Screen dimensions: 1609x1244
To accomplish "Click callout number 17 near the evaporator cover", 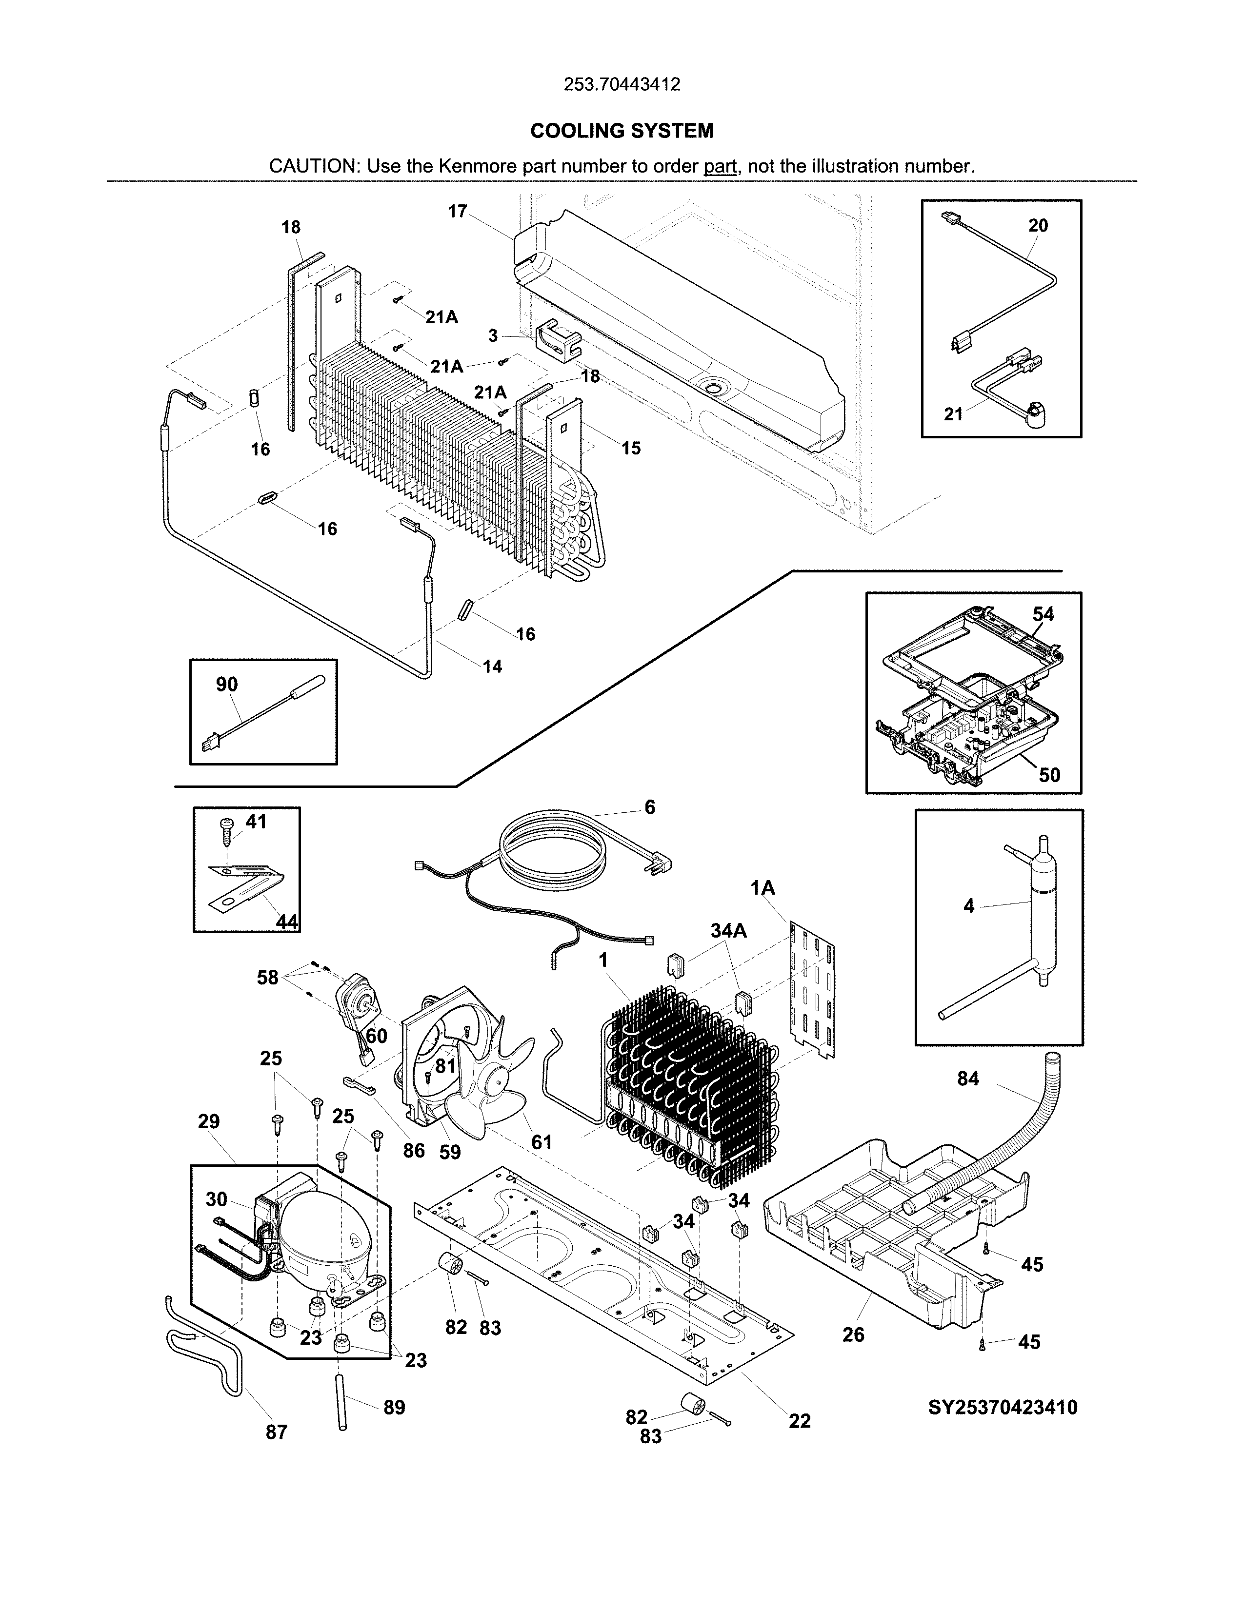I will pos(458,212).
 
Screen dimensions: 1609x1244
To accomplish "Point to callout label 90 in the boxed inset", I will pos(227,685).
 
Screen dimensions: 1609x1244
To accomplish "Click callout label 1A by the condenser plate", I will pos(763,888).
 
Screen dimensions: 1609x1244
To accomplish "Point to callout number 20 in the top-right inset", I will pos(1038,225).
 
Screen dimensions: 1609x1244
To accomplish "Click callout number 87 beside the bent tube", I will pos(276,1432).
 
